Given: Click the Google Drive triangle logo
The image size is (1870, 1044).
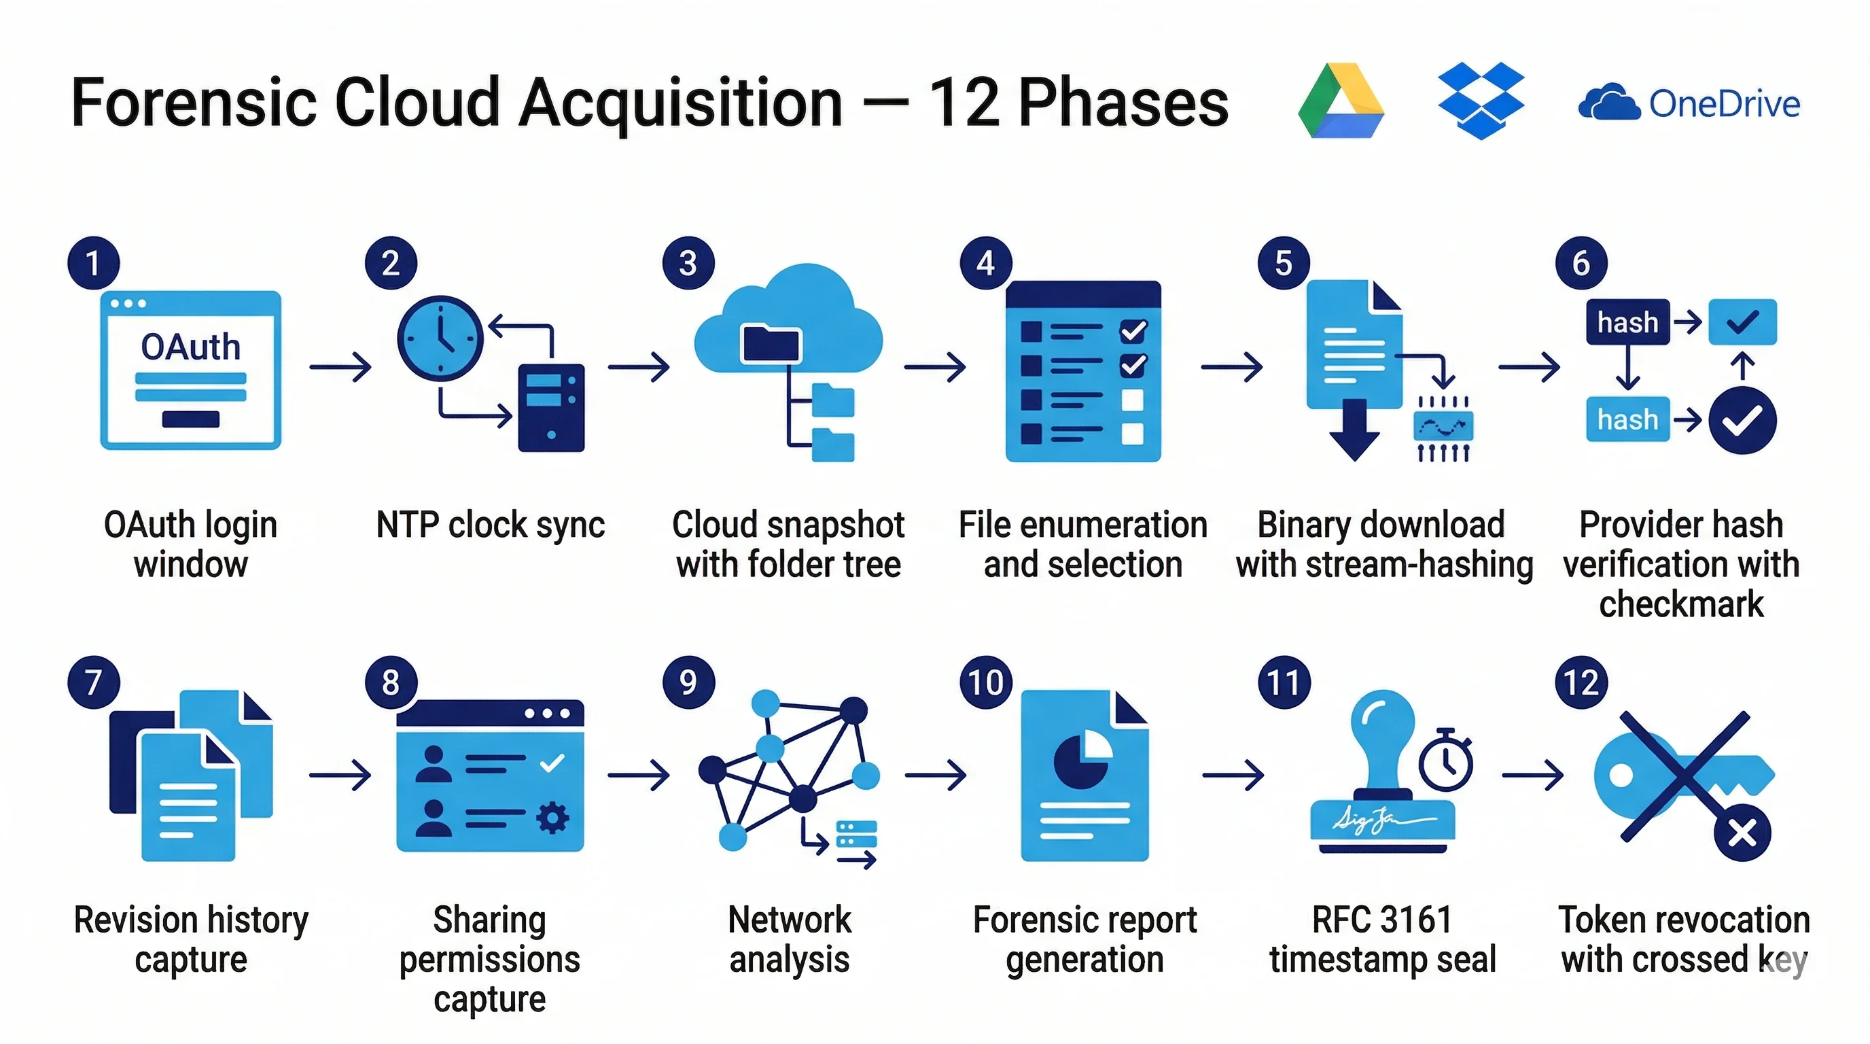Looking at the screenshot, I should (x=1340, y=102).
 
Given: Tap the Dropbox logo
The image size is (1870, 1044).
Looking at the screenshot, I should (x=1480, y=100).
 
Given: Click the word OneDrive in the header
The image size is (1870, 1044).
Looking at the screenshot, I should (x=1724, y=104).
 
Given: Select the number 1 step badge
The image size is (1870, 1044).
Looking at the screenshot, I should (x=93, y=263).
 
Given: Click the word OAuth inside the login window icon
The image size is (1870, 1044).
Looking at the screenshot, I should (x=190, y=347).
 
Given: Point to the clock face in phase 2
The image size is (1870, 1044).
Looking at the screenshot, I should (x=440, y=338).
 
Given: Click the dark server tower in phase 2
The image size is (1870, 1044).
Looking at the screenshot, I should (x=551, y=407).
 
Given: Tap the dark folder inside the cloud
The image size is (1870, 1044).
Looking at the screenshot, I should (x=770, y=343).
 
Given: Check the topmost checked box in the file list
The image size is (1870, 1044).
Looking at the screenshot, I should (x=1133, y=331).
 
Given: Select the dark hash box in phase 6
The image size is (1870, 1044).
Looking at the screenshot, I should (x=1627, y=321).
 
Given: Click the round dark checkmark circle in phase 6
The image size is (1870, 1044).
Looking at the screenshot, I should (x=1742, y=420).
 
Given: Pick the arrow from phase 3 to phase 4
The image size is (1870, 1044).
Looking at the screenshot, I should (x=935, y=366).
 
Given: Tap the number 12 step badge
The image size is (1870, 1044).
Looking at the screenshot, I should (x=1581, y=682).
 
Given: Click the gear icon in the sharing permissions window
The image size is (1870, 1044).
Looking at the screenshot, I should (x=552, y=818).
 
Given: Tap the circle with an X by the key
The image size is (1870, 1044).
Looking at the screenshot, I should (x=1742, y=833).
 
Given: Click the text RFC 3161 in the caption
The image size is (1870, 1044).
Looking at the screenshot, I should (x=1381, y=920).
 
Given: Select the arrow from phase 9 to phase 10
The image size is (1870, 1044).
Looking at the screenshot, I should (x=935, y=776).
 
